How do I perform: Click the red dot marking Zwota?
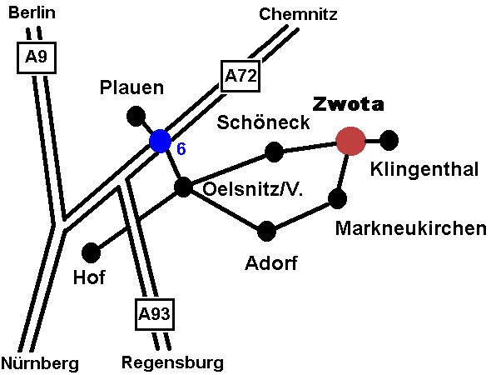(x=350, y=141)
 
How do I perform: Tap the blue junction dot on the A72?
(x=160, y=141)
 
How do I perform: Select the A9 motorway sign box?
(x=37, y=57)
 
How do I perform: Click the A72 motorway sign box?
(x=241, y=76)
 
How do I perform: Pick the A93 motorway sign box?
(x=155, y=314)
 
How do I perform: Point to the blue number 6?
(x=181, y=148)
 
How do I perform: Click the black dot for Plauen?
(x=136, y=116)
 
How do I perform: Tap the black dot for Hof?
(x=91, y=252)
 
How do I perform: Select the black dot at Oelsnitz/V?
(x=183, y=187)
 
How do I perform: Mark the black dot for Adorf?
(x=266, y=231)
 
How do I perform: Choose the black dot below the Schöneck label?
(x=274, y=152)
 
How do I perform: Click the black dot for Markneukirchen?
(x=337, y=198)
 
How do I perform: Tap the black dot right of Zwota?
(x=389, y=141)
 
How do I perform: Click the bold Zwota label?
(x=348, y=104)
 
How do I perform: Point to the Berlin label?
(x=32, y=12)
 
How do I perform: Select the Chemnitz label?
(x=298, y=14)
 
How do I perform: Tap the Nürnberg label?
(x=40, y=363)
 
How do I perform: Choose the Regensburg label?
(x=172, y=362)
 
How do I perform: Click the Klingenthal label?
(x=424, y=170)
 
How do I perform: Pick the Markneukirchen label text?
(x=411, y=228)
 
